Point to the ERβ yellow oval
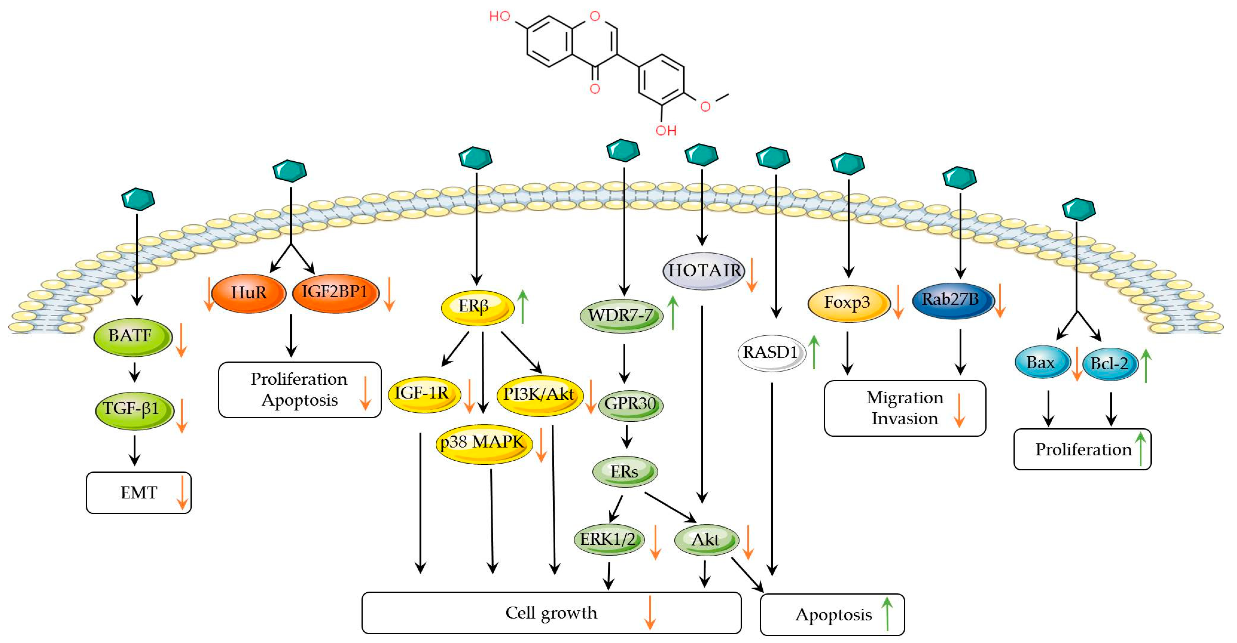(477, 307)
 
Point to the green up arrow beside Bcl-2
(1146, 366)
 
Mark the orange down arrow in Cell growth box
(650, 613)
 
